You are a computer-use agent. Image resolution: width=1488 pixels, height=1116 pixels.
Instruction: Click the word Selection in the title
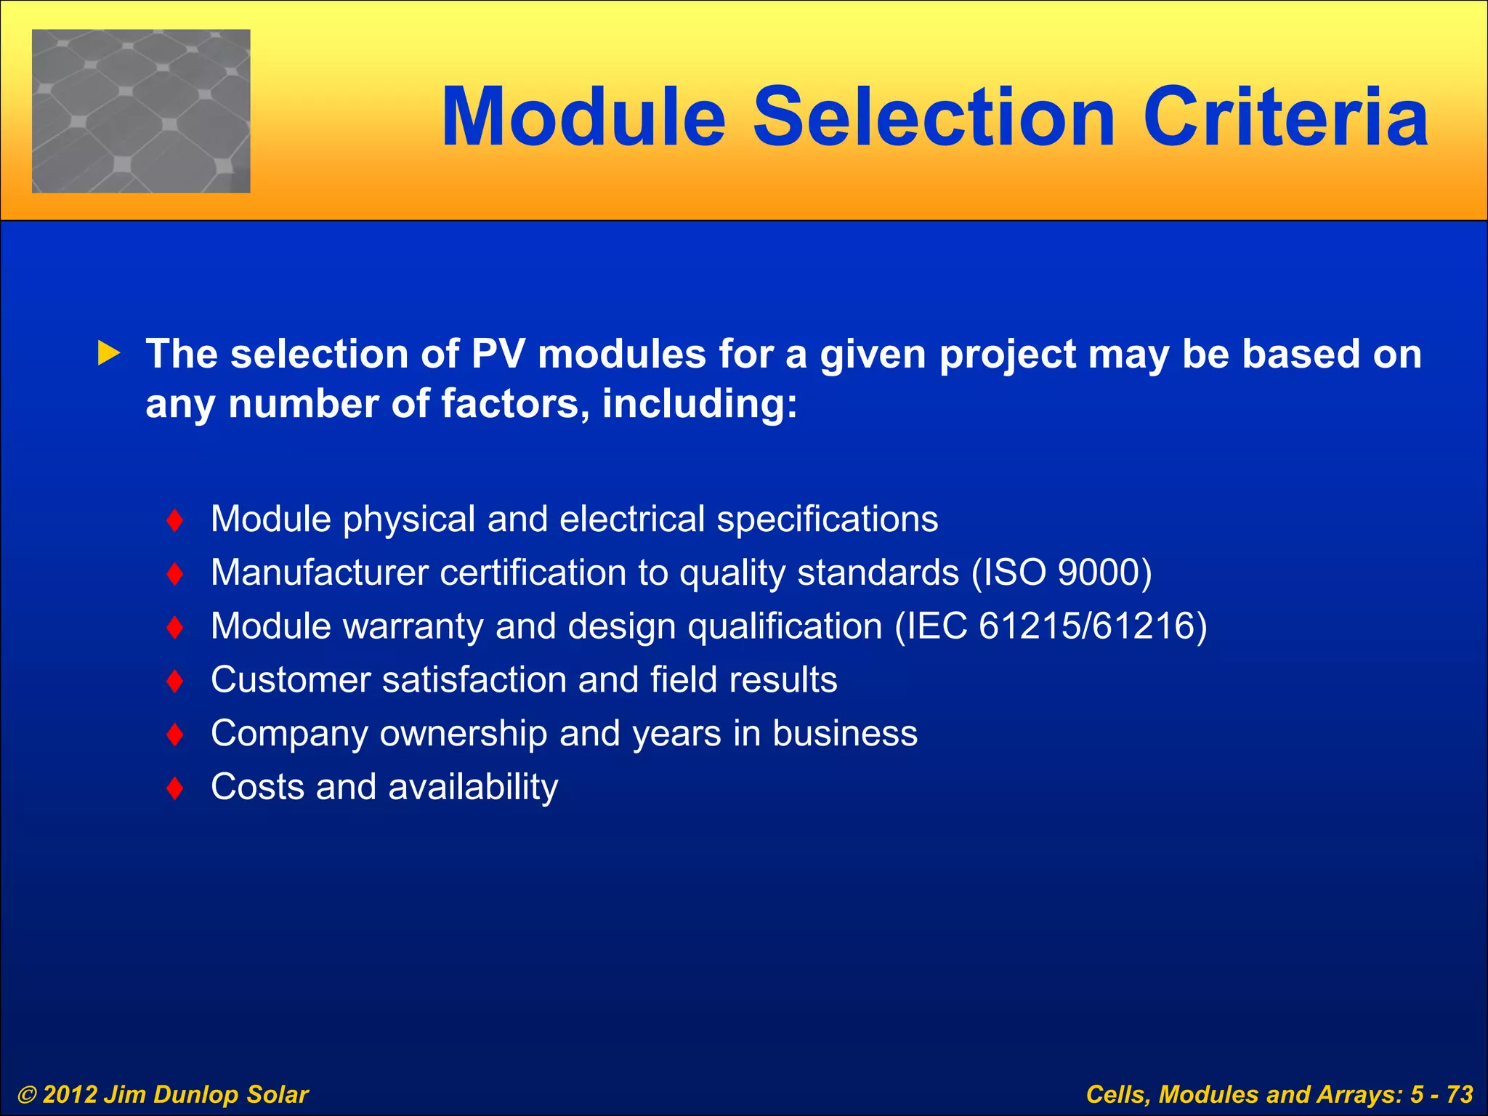(933, 118)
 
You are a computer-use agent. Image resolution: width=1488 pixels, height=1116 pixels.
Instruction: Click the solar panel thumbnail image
(141, 111)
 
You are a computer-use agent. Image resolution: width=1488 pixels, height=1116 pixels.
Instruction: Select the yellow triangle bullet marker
(108, 354)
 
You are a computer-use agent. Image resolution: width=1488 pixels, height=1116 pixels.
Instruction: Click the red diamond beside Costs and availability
(174, 788)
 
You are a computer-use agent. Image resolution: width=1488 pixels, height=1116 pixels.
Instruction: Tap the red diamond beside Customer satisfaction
(174, 681)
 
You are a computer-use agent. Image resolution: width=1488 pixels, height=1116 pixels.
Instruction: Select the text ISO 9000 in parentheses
(1062, 573)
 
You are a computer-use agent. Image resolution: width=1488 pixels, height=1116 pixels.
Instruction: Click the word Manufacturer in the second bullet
(319, 573)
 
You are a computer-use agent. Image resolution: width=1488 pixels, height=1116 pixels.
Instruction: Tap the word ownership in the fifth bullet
(463, 734)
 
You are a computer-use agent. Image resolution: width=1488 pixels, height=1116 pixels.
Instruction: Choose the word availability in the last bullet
(473, 788)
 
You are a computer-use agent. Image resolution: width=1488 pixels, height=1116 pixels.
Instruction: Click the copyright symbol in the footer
(27, 1095)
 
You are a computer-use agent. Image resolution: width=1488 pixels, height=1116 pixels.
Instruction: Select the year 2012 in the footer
(70, 1095)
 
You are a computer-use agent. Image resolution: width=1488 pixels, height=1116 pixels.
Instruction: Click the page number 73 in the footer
(1459, 1094)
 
